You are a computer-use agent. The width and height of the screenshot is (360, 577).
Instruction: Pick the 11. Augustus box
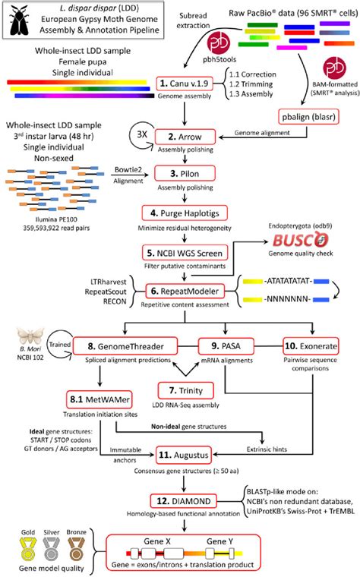pyautogui.click(x=183, y=456)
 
